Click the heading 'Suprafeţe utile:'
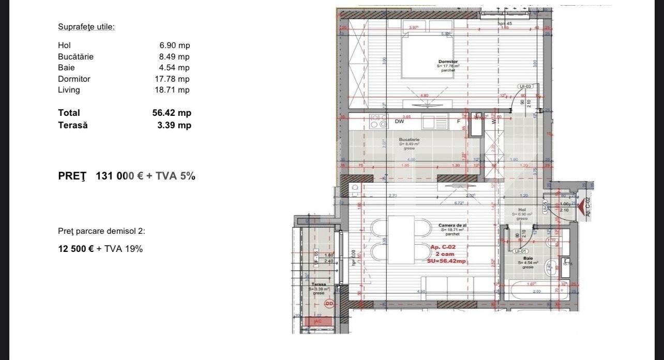86,27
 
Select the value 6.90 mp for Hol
174,46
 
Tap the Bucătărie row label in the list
76,57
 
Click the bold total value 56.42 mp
168,113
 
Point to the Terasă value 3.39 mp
174,125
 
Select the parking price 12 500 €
76,249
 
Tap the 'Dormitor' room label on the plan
448,62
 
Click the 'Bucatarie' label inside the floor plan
409,140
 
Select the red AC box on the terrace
318,321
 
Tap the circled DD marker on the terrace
329,304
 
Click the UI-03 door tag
524,87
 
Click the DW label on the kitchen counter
399,122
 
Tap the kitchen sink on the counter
434,122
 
